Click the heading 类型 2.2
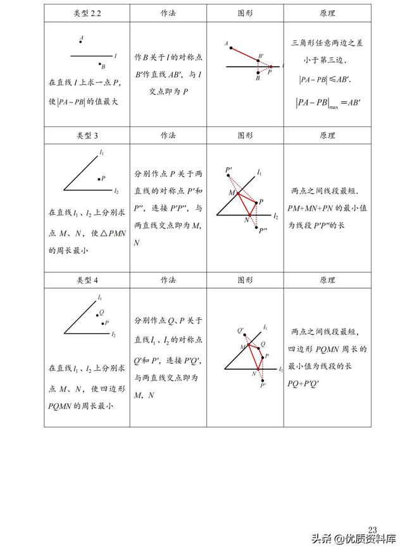click(x=86, y=13)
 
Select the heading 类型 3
click(x=86, y=135)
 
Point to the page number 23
click(x=372, y=529)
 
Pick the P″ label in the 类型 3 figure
click(x=263, y=231)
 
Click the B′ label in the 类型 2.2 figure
click(x=260, y=57)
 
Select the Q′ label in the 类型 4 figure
click(x=240, y=331)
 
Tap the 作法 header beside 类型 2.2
click(x=168, y=13)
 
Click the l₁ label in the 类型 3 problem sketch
click(x=101, y=152)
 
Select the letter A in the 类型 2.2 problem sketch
click(x=82, y=38)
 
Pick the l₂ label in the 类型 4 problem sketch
click(x=113, y=333)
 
